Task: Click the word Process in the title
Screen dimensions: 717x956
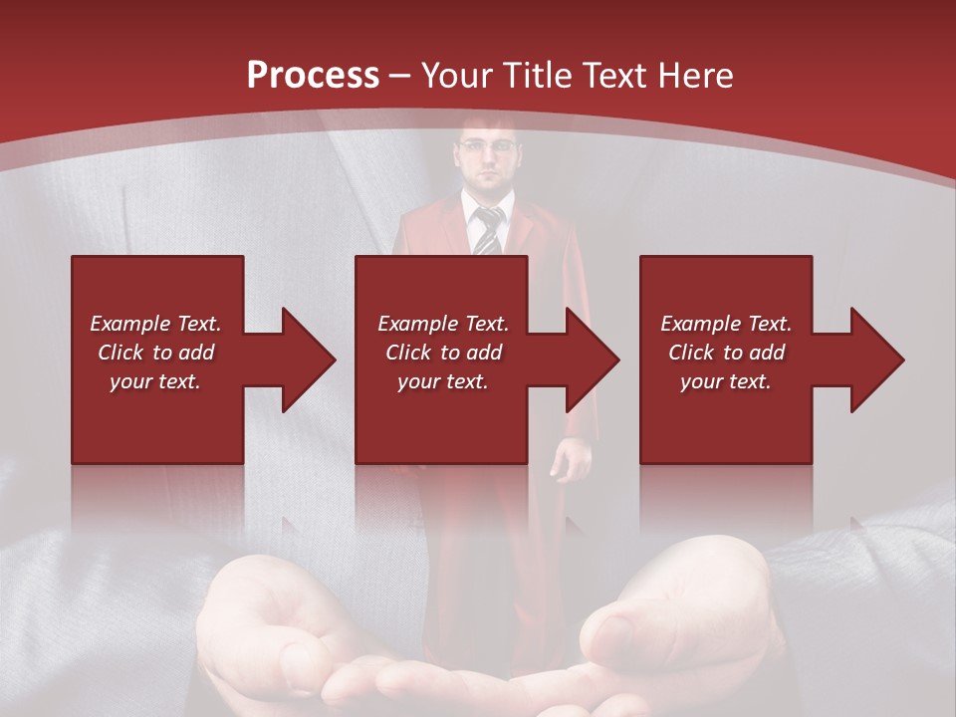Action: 313,75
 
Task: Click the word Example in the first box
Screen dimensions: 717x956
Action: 130,324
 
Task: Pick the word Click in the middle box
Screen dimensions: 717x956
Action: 407,353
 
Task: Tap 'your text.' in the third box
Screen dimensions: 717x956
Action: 725,381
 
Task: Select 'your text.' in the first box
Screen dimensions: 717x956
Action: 155,381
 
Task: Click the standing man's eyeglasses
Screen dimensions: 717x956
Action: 489,146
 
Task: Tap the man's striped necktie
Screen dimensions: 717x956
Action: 488,231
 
